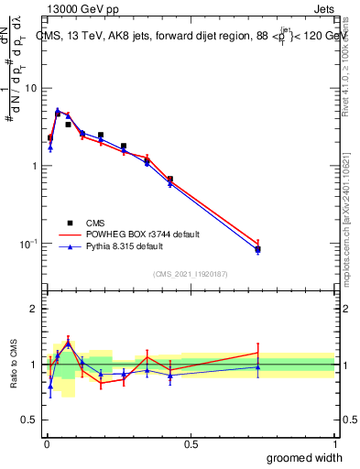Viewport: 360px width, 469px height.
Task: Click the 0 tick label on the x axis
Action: click(46, 443)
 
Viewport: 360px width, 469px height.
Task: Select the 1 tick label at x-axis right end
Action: click(334, 443)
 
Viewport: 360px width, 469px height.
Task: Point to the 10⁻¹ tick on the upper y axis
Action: click(29, 244)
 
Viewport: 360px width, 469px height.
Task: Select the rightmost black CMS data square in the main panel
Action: click(258, 249)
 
